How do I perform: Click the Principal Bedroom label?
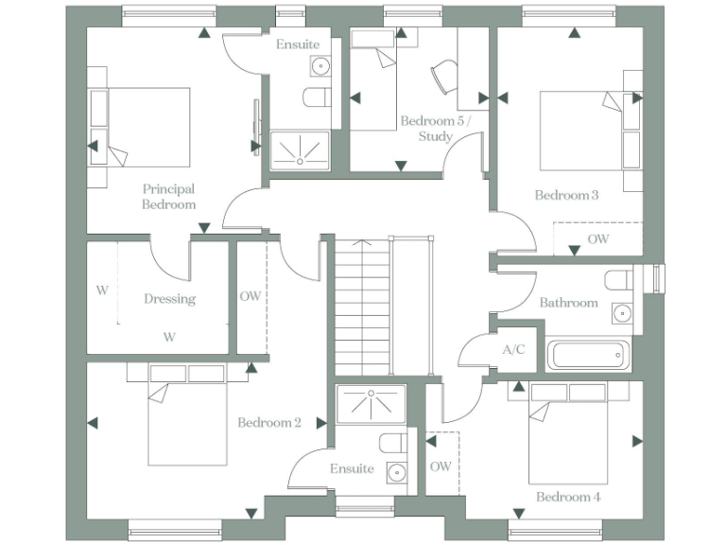(169, 196)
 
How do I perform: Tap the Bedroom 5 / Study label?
(431, 129)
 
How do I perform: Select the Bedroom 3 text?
(566, 196)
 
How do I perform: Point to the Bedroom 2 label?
(269, 422)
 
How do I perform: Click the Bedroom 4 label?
(568, 497)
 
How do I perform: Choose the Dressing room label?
(170, 299)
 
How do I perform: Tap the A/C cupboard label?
(513, 349)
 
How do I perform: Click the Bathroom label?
(568, 303)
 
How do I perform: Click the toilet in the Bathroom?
(620, 281)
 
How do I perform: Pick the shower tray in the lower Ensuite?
(371, 401)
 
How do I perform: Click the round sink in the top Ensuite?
(320, 65)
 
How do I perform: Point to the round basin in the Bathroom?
(622, 313)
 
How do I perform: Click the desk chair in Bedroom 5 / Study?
(441, 77)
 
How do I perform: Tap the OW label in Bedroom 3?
(598, 239)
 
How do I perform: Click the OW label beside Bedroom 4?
(441, 466)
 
